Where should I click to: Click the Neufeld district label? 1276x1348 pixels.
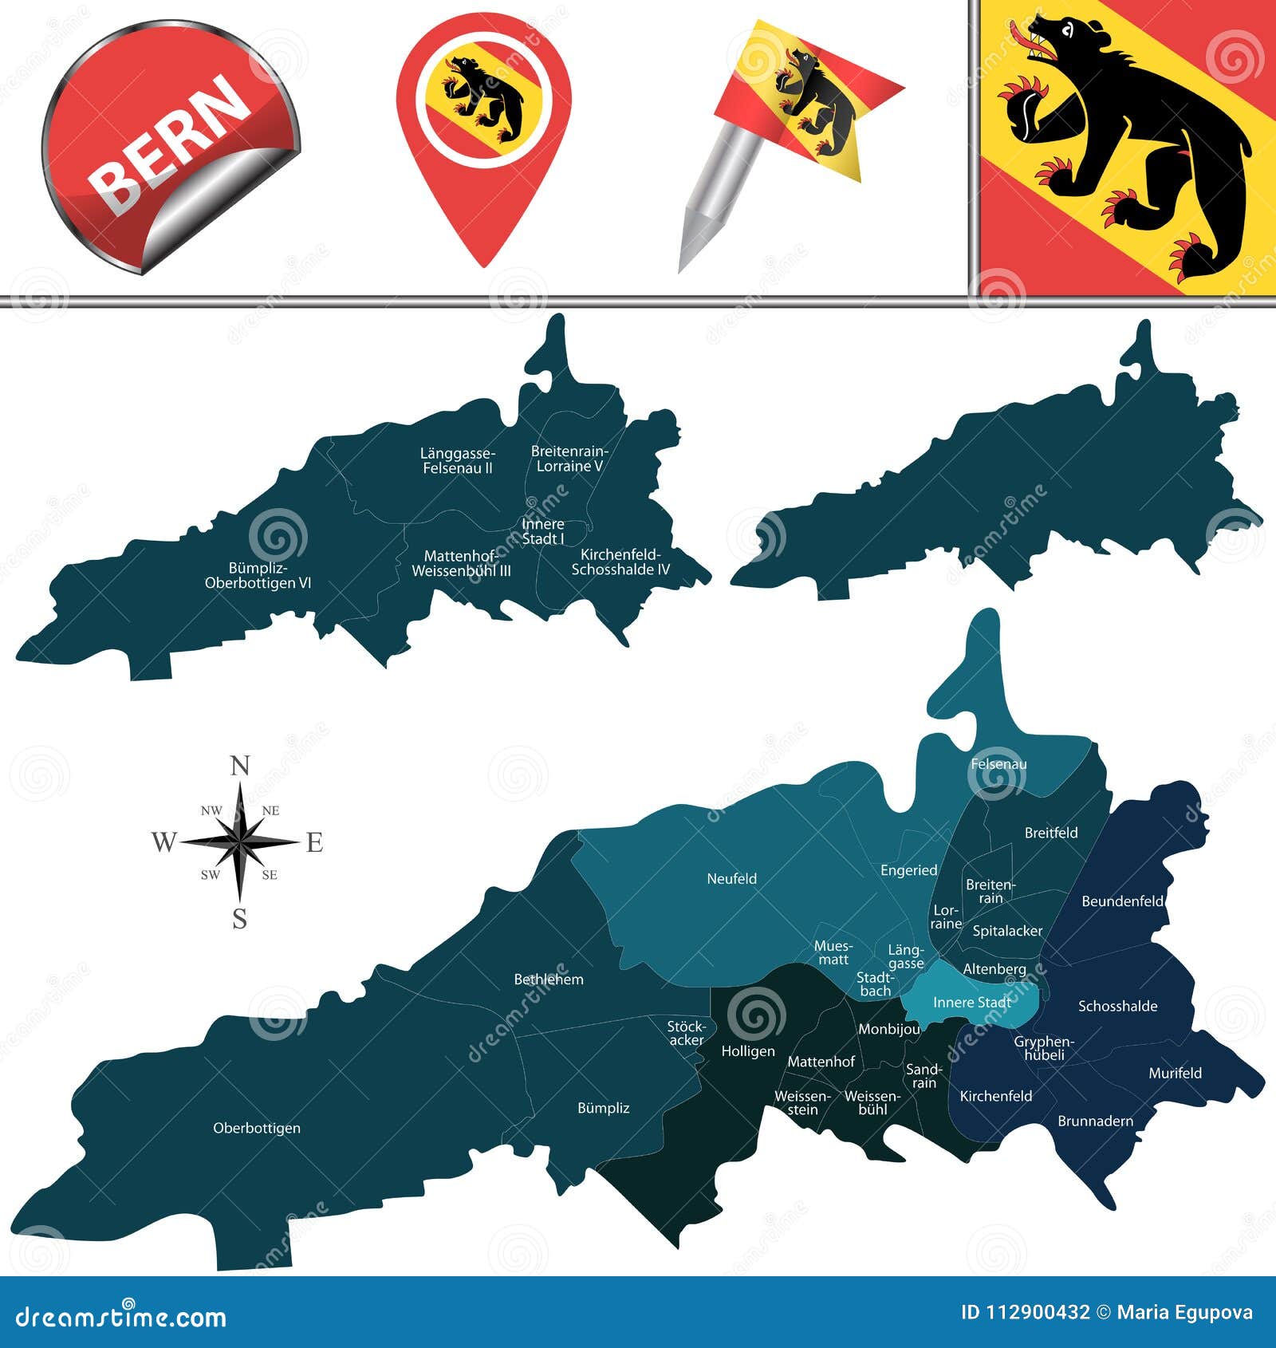click(x=731, y=878)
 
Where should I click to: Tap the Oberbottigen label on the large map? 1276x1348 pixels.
click(x=257, y=1128)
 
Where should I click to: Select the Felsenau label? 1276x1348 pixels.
click(x=998, y=764)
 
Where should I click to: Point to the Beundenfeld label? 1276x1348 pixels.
click(x=1122, y=901)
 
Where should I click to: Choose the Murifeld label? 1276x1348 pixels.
click(x=1175, y=1073)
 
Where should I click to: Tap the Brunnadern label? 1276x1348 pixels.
click(x=1095, y=1121)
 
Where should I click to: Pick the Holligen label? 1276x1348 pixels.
click(x=747, y=1051)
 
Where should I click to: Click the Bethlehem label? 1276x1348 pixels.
click(x=549, y=979)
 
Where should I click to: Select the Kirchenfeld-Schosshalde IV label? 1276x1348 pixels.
click(x=620, y=562)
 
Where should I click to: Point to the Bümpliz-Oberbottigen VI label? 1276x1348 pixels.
click(x=258, y=576)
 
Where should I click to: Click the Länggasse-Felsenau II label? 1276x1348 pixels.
click(x=458, y=461)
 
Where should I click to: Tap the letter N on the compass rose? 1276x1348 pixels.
click(x=240, y=767)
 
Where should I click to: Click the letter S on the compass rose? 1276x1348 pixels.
click(x=240, y=920)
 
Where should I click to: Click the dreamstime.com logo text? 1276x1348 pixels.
click(x=120, y=1317)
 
